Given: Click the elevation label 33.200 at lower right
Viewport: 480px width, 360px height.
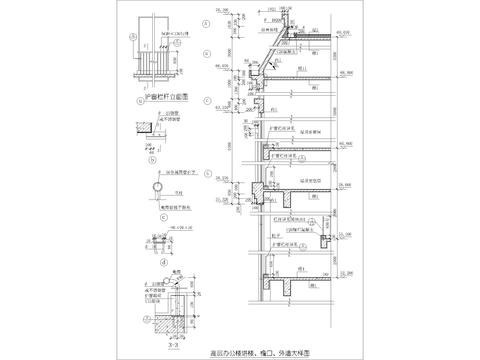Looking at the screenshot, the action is [346, 226].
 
